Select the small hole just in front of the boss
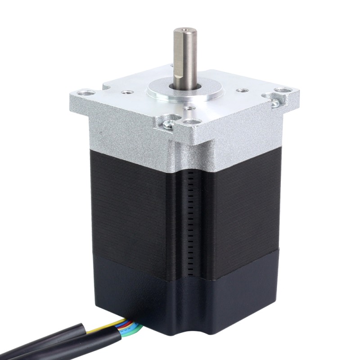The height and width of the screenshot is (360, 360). (186, 108)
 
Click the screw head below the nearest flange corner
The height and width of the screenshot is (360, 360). (167, 126)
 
